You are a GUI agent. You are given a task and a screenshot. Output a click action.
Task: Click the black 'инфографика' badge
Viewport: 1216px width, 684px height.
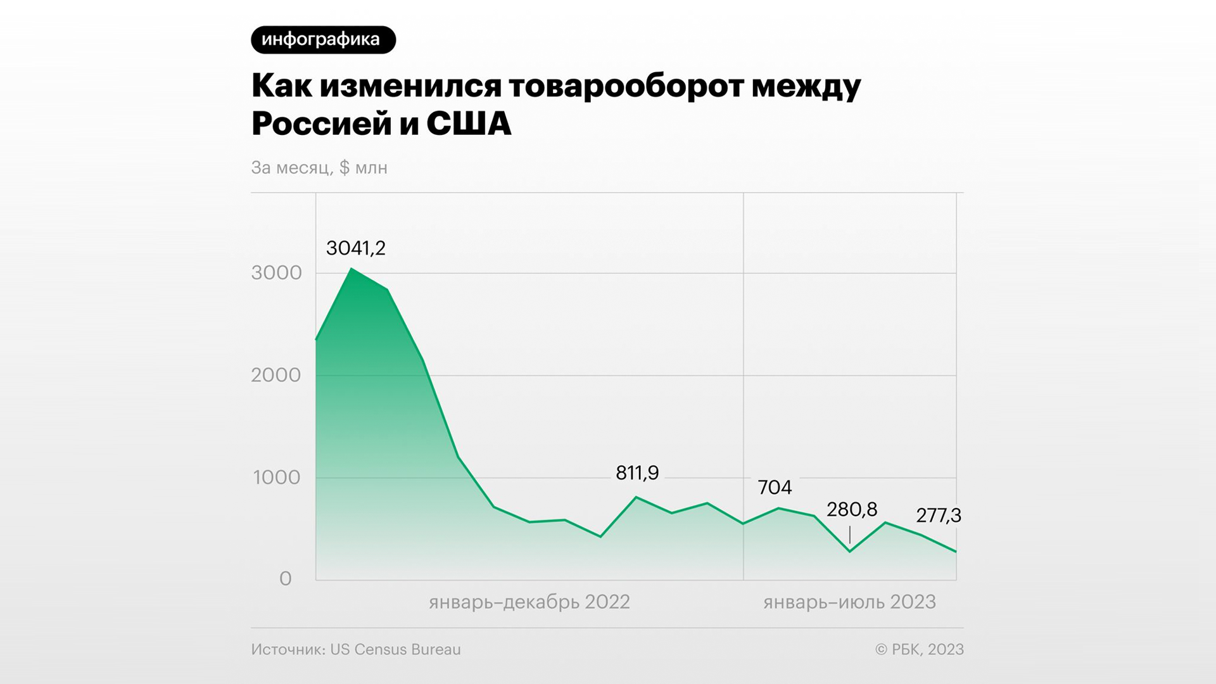point(323,40)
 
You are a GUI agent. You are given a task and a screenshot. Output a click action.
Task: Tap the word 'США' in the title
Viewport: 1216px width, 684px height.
point(469,124)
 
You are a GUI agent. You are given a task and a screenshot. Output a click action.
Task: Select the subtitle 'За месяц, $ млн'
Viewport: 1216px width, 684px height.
point(319,168)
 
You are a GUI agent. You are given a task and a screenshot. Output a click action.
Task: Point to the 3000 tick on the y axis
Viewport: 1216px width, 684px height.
point(276,273)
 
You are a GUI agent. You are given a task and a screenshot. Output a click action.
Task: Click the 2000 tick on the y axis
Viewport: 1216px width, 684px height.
point(276,375)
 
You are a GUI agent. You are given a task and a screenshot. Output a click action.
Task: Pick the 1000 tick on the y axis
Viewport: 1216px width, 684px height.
point(277,478)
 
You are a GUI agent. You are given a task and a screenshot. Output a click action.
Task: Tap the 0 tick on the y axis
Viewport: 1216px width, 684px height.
point(286,579)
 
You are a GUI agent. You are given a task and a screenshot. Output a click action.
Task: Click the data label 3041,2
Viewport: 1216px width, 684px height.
point(356,248)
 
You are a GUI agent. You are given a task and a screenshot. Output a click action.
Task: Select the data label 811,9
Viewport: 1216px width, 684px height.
point(637,473)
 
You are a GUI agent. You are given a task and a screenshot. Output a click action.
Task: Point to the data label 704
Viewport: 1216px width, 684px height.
point(775,488)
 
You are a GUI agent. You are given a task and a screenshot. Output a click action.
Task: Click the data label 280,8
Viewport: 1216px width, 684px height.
point(852,510)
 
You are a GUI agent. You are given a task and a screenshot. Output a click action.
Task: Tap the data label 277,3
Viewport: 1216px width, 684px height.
point(939,516)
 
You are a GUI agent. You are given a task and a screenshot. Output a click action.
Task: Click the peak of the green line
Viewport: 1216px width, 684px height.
point(351,269)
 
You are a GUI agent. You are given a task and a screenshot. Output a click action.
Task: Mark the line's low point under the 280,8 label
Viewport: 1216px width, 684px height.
point(850,552)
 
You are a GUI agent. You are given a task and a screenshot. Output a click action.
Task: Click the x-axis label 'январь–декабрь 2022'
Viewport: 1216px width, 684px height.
point(529,602)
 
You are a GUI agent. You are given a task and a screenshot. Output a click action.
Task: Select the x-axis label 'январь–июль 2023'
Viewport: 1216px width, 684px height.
point(849,602)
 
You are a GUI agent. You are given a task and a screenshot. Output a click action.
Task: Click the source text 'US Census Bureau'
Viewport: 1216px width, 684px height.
point(395,650)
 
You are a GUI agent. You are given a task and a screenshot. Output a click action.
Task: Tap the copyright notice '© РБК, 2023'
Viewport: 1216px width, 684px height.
point(919,650)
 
